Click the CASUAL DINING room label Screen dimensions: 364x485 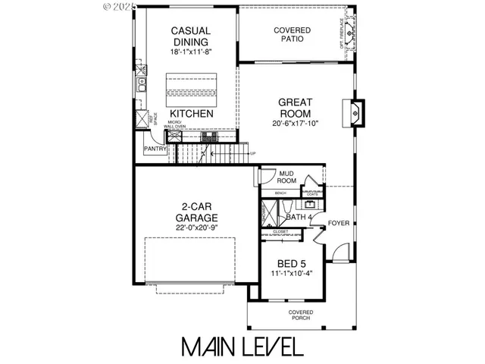190,36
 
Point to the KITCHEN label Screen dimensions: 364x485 191,114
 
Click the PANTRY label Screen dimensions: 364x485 155,149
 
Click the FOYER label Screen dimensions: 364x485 339,223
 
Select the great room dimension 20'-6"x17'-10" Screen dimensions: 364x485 295,124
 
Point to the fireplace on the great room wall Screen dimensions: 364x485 357,111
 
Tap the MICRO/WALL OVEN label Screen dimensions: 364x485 175,126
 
